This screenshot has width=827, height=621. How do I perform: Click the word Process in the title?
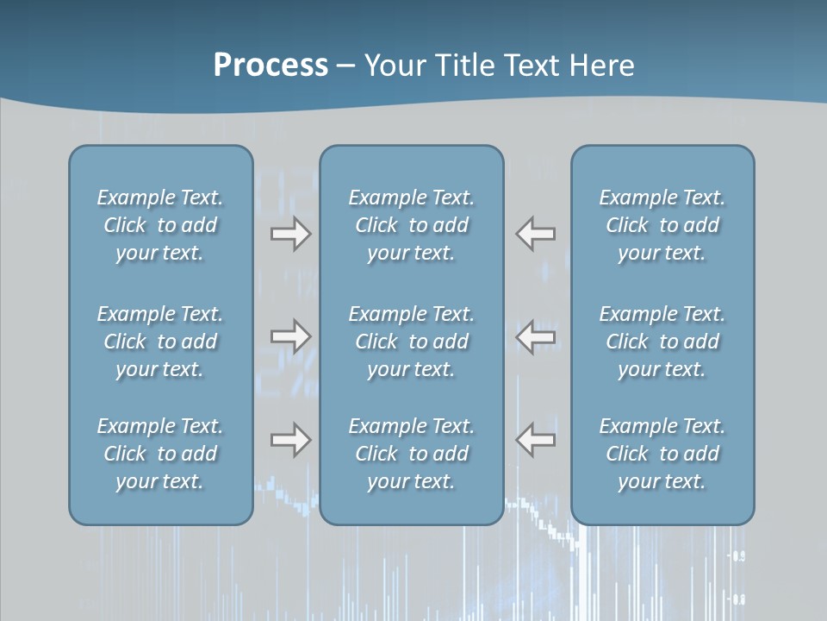coord(270,66)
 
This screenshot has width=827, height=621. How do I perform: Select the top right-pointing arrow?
coord(290,234)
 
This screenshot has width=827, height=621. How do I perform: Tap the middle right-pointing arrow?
coord(290,336)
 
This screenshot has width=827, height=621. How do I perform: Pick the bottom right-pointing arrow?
coord(290,440)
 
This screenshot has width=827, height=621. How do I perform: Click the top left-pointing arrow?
coord(536,234)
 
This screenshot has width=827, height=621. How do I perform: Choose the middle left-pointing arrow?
coord(536,336)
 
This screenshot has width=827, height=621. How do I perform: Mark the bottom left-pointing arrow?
coord(536,440)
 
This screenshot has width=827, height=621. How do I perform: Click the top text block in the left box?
coord(160,225)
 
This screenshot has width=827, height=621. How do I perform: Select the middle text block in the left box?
coord(160,342)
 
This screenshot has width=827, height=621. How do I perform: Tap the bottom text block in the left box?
coord(160,454)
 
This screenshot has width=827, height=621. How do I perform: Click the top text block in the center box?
coord(411,225)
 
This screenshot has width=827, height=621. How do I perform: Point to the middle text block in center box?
coord(411,342)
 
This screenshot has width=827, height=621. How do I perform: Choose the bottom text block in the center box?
coord(411,454)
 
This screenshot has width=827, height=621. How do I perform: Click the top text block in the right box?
coord(662,225)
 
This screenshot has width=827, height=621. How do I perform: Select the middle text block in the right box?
coord(662,342)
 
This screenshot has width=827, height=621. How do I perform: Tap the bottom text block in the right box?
coord(662,454)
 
